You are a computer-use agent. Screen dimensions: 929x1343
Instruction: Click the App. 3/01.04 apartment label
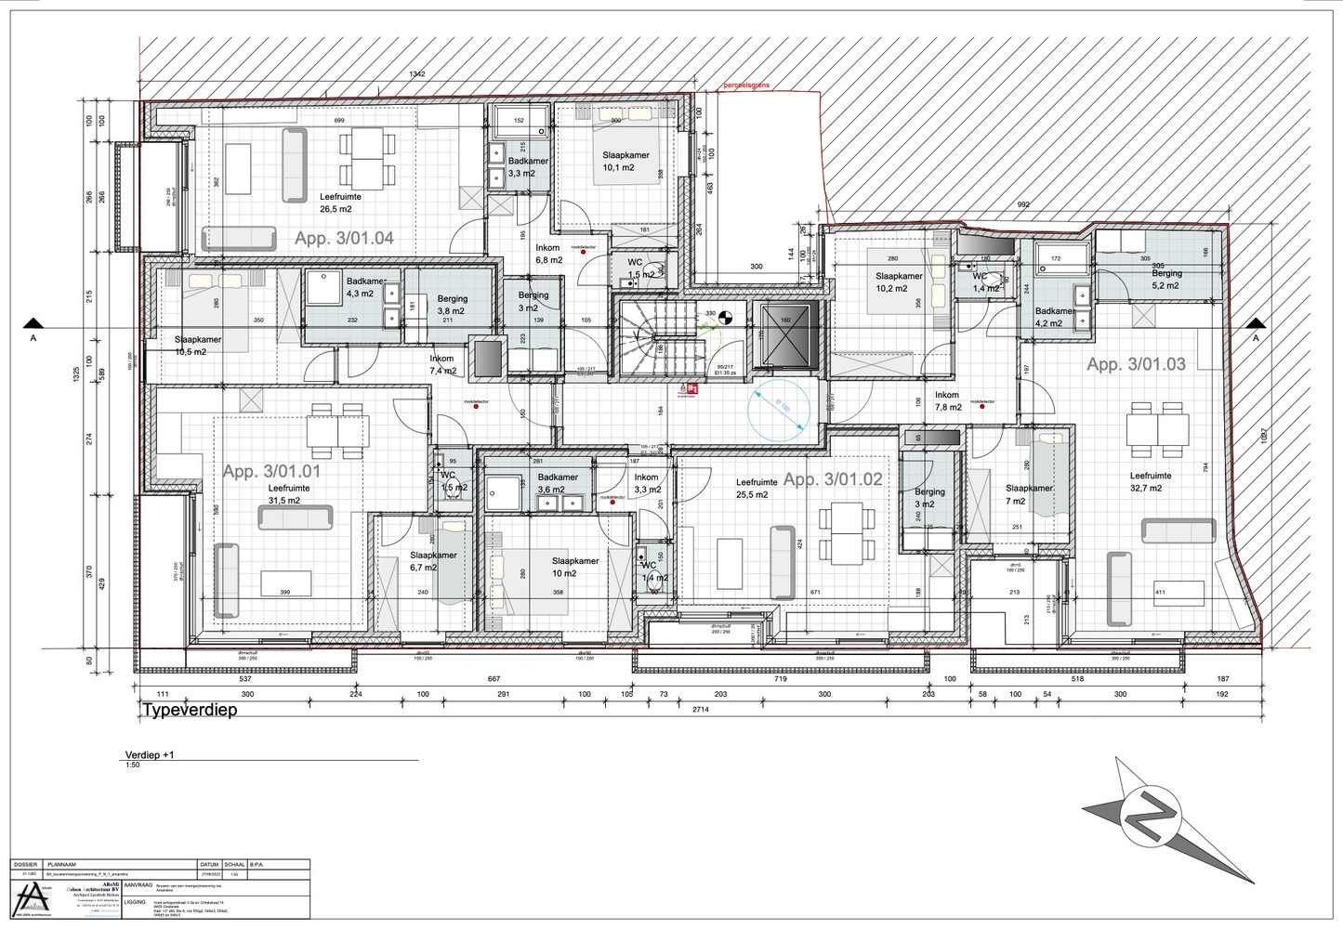click(344, 238)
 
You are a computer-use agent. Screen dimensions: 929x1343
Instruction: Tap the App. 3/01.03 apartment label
click(1136, 364)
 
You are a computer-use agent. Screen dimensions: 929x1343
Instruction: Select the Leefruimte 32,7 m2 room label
click(1151, 481)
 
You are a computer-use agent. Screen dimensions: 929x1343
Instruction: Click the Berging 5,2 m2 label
click(1166, 279)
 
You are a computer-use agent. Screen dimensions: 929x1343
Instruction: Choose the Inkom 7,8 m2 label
click(947, 401)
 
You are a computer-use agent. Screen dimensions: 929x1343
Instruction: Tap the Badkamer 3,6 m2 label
click(558, 483)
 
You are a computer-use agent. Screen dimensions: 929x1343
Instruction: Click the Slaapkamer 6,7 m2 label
click(433, 561)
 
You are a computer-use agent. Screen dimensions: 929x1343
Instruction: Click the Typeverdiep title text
click(190, 710)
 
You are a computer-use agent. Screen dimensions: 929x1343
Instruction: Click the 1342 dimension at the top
click(417, 74)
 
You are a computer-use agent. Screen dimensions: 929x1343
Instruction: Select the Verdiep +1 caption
click(150, 755)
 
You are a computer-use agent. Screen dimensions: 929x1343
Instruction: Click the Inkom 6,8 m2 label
click(548, 254)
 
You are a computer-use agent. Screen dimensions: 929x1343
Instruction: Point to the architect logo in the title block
click(31, 898)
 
